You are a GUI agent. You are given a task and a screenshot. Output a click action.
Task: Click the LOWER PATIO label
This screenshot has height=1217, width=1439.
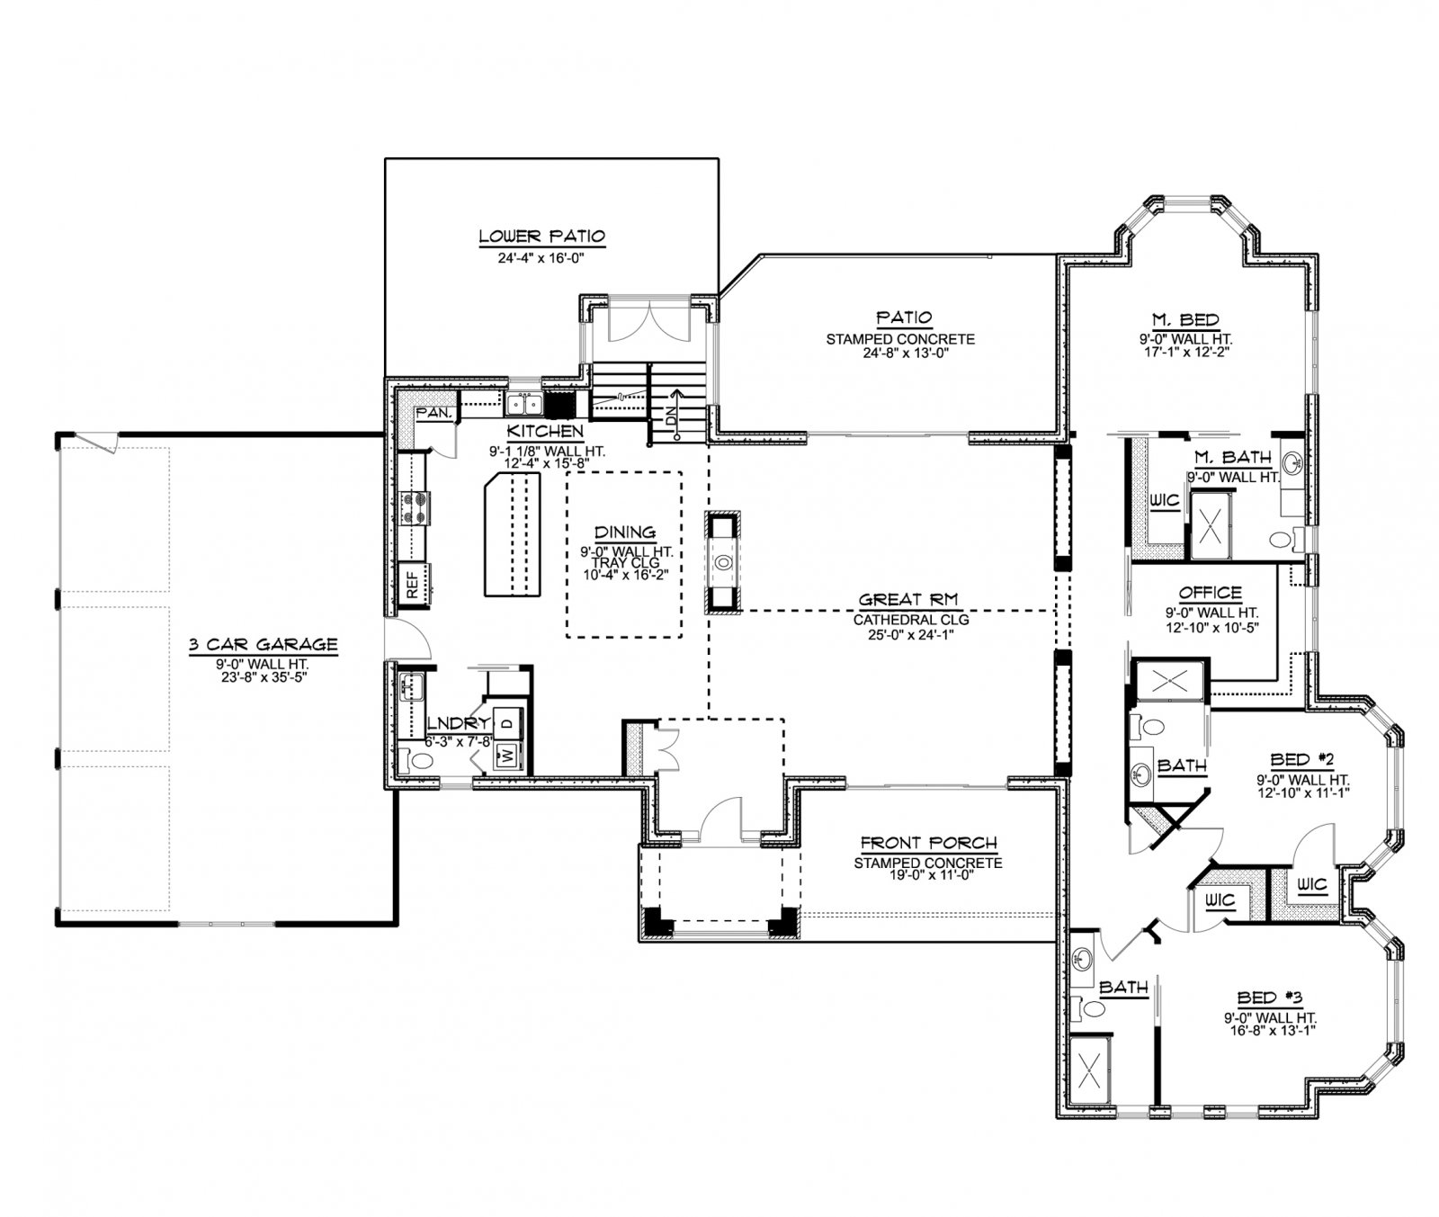pyautogui.click(x=541, y=237)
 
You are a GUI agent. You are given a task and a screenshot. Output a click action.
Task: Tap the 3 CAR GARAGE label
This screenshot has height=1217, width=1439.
pyautogui.click(x=264, y=644)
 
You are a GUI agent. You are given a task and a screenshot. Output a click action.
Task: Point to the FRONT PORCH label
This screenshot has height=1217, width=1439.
pyautogui.click(x=928, y=843)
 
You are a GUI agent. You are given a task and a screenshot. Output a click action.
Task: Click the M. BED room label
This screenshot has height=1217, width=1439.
pyautogui.click(x=1184, y=319)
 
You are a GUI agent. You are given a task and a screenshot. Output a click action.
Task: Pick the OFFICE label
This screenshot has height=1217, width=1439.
pyautogui.click(x=1210, y=593)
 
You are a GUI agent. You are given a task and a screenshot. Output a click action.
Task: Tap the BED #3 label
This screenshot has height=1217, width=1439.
pyautogui.click(x=1270, y=997)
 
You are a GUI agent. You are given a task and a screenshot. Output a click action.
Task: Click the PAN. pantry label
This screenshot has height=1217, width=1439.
pyautogui.click(x=436, y=413)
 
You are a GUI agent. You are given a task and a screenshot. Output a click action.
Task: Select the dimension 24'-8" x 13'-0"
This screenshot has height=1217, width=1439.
pyautogui.click(x=900, y=353)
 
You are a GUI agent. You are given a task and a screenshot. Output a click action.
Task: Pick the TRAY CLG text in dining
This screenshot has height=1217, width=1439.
pyautogui.click(x=624, y=562)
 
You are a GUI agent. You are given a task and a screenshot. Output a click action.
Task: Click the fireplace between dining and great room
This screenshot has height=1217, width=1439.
pyautogui.click(x=723, y=562)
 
